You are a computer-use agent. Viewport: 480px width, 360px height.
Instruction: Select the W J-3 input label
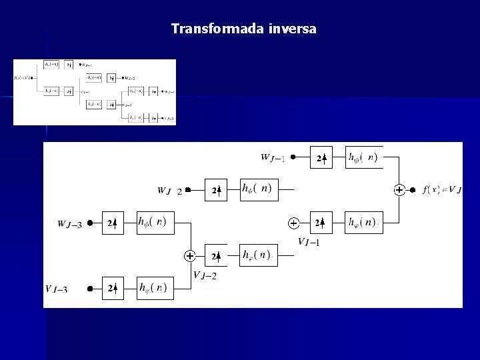coord(70,224)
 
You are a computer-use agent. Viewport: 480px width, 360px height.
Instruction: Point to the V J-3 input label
coord(57,289)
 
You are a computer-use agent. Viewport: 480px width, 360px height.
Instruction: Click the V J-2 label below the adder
coord(205,275)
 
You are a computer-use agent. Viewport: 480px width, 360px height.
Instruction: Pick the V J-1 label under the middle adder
coord(309,242)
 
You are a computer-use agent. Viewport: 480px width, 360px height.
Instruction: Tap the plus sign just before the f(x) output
coord(399,190)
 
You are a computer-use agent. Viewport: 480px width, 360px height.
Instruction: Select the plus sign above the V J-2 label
coord(190,255)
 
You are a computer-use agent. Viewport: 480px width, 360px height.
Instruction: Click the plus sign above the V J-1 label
coord(293,222)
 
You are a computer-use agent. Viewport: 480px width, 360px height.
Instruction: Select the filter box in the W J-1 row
coord(364,158)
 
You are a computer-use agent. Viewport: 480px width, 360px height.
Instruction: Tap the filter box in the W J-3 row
coord(155,223)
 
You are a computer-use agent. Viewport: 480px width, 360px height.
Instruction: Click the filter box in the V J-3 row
coord(155,288)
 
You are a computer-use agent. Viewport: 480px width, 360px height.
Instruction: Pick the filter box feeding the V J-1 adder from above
coord(257,189)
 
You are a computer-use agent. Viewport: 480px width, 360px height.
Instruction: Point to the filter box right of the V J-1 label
coord(364,222)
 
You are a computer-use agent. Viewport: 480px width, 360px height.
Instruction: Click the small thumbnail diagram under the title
coord(95,92)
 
